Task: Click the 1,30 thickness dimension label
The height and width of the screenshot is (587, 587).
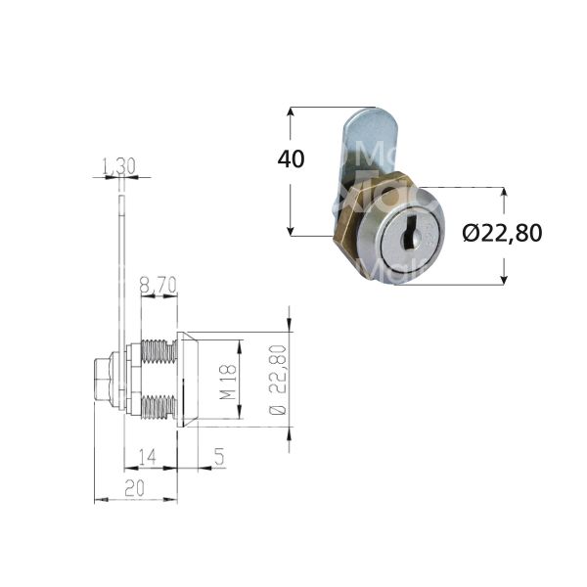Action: tap(119, 167)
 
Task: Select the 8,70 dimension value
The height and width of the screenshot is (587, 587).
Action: tap(158, 286)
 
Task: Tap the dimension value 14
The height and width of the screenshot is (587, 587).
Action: tap(148, 455)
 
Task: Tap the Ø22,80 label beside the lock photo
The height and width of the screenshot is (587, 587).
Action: tap(501, 234)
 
